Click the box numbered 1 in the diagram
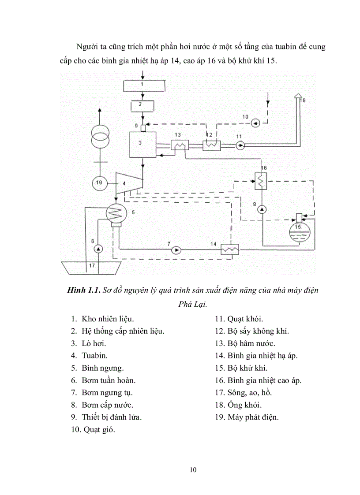tap(142, 85)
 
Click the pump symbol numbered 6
tap(98, 249)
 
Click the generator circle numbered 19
tap(99, 182)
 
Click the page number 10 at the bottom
tap(193, 469)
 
